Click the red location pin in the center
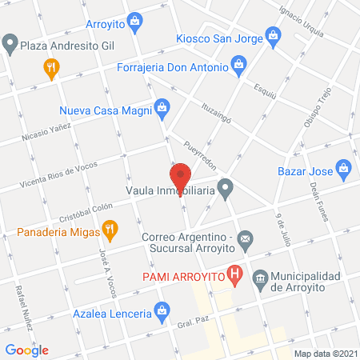(180, 177)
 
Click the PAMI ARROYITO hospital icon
(234, 277)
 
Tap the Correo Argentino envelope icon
(246, 238)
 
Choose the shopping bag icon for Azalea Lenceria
(162, 309)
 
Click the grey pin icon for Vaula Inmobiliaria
(226, 190)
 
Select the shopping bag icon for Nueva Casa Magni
(162, 106)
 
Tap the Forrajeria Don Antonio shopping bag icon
(238, 62)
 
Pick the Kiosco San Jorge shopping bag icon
(274, 35)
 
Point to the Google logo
(26, 350)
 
